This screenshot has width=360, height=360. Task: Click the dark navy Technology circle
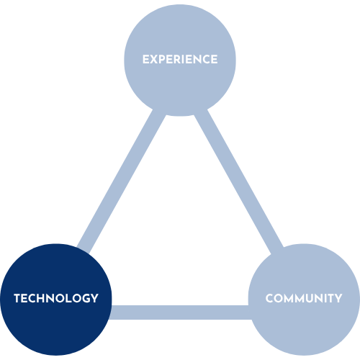tap(56, 300)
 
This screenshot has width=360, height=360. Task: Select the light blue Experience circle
tap(180, 60)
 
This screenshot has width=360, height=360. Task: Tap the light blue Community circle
tap(304, 300)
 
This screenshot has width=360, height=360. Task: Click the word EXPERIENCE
tap(180, 60)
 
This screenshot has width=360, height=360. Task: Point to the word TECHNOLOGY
tap(56, 298)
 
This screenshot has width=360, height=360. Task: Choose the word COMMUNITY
tap(304, 298)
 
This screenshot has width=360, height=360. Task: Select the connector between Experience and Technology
tap(121, 181)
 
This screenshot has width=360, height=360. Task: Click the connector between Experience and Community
tap(239, 181)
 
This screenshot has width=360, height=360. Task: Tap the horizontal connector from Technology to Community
tap(180, 312)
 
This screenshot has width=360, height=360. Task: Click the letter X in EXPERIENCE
tap(154, 60)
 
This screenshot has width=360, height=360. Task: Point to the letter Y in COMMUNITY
tap(338, 298)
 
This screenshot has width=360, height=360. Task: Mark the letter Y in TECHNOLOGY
tap(94, 298)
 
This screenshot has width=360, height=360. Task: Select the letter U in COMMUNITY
tap(310, 299)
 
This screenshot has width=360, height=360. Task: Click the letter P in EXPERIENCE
tap(163, 60)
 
